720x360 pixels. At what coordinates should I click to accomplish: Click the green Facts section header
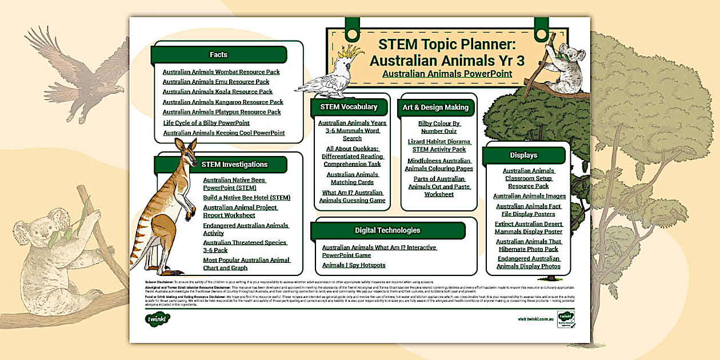coord(219,55)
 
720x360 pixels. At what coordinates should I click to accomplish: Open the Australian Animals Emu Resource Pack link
coord(216,82)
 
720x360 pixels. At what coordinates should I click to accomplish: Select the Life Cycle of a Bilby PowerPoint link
coord(206,123)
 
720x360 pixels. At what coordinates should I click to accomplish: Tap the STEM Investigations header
coord(234,165)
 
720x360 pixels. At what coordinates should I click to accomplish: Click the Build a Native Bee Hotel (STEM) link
coord(247,198)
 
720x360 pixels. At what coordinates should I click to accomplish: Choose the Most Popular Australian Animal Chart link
coord(247,264)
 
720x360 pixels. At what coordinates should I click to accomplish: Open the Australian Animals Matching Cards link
coord(353,178)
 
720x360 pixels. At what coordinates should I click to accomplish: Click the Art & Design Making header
coord(435,107)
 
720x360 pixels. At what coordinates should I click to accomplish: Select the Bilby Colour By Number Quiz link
coord(439,127)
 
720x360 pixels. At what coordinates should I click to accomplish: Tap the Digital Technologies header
coord(387,230)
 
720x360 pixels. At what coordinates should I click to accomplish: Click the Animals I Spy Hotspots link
coord(354,265)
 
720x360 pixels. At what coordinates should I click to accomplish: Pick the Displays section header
coord(523,155)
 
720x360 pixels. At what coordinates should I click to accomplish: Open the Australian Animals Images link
coord(530,196)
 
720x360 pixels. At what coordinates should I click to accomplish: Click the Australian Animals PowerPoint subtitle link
coord(447,74)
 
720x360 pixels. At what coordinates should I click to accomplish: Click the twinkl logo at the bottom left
coord(157,319)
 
